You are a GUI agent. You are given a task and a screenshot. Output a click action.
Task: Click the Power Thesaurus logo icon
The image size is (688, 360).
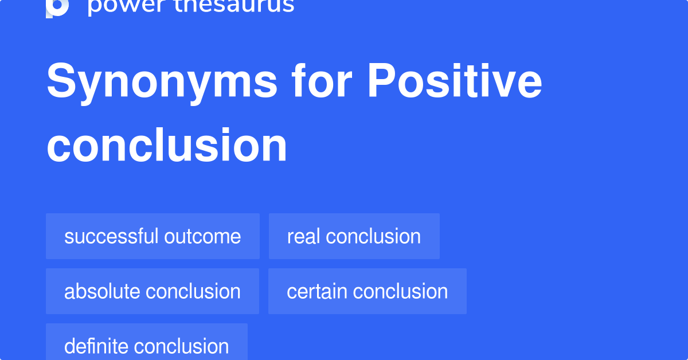click(57, 7)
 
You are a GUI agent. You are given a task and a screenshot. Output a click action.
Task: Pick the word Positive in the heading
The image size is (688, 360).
click(454, 81)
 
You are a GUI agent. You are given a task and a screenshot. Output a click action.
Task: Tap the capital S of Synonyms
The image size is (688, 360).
click(60, 81)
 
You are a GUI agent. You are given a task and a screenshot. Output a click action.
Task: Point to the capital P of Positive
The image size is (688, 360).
click(381, 81)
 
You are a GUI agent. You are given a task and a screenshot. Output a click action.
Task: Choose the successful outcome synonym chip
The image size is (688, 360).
click(153, 236)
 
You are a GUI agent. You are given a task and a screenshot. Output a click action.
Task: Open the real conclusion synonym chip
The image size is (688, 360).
click(354, 236)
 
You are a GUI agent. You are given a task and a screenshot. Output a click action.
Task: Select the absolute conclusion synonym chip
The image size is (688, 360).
click(152, 291)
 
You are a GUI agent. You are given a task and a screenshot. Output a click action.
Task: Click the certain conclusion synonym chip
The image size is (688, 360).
click(367, 291)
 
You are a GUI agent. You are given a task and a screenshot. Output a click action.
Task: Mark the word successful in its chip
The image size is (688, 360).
click(111, 236)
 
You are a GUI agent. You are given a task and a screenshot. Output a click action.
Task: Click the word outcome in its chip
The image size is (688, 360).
click(202, 236)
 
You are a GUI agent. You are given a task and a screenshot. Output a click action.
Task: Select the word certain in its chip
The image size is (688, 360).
click(317, 291)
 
